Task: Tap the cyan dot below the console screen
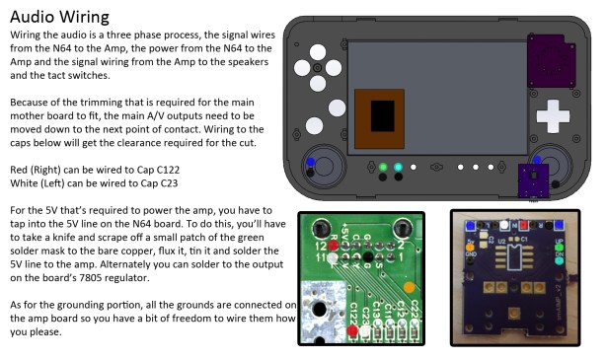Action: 397,167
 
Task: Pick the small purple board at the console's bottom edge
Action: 535,180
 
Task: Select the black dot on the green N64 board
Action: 367,258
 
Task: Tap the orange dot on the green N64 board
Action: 409,287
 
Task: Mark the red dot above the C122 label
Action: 352,332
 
